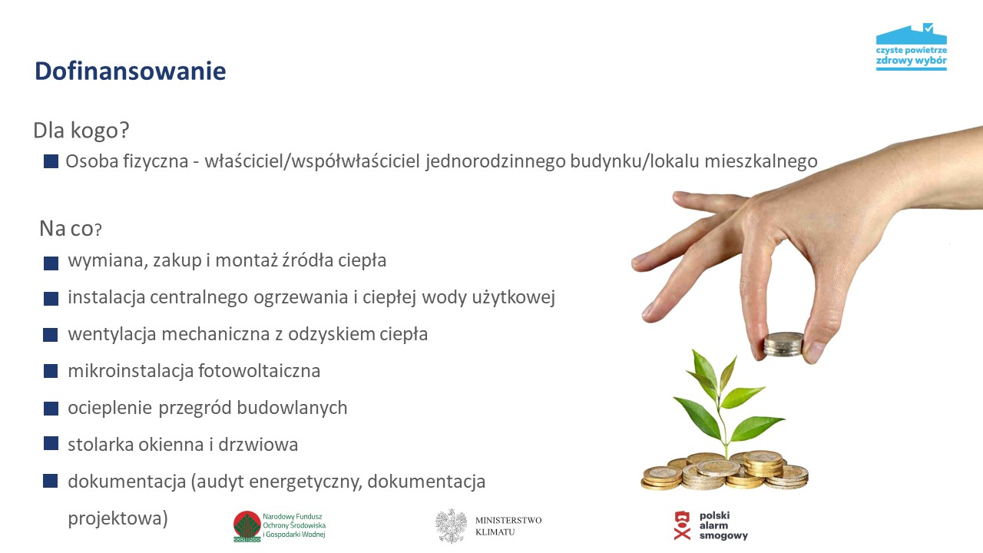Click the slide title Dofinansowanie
tap(130, 71)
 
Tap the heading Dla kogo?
tap(81, 131)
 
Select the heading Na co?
tap(71, 228)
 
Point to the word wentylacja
tap(108, 334)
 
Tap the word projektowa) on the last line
tap(117, 518)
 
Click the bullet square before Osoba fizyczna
tap(51, 161)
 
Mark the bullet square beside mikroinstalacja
tap(51, 371)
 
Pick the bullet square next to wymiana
tap(51, 263)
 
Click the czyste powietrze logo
tap(911, 48)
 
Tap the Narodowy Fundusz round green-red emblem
tap(247, 526)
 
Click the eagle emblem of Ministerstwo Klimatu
tap(451, 526)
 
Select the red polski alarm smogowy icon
tap(682, 525)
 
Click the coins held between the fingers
tap(783, 344)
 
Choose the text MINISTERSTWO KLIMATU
tap(508, 526)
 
